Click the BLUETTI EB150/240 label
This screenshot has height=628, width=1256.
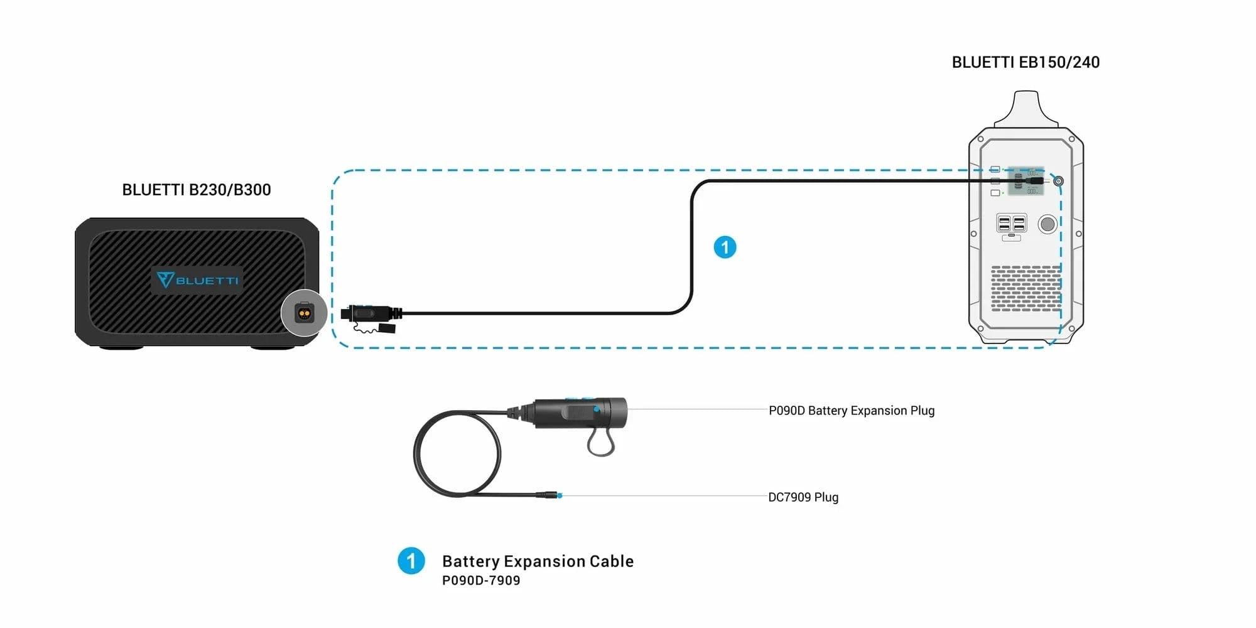(x=1026, y=62)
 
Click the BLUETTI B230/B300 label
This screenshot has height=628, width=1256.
(x=196, y=190)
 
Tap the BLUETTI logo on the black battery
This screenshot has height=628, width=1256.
(x=197, y=280)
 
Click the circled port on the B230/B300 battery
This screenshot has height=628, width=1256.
(x=304, y=313)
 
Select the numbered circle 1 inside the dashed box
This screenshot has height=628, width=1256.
(x=725, y=247)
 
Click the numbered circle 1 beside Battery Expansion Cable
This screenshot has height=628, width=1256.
(x=411, y=561)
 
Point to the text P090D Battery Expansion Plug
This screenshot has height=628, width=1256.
(x=851, y=411)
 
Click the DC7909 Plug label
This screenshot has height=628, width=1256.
(x=803, y=497)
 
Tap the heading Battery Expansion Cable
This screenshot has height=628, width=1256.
(x=538, y=561)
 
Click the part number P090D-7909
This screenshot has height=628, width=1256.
(x=481, y=581)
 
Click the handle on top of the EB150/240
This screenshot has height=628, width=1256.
(x=1026, y=107)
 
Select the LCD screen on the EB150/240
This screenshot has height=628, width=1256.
(x=1025, y=181)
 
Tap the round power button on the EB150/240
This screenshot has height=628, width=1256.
(x=1048, y=224)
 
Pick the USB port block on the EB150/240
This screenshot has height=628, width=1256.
(x=1011, y=224)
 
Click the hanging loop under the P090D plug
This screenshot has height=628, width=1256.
(x=600, y=443)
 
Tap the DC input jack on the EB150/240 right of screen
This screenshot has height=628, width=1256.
(x=1058, y=181)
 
